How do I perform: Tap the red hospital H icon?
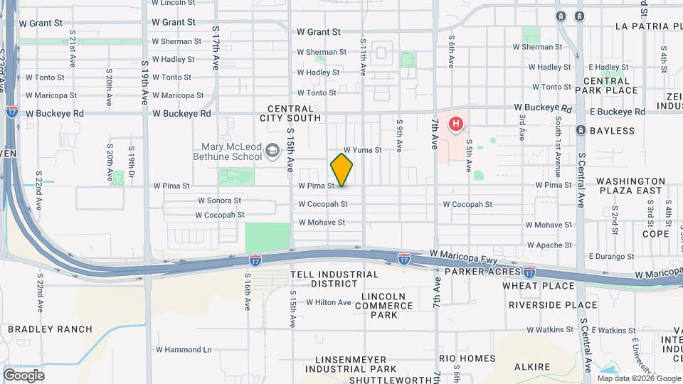455,125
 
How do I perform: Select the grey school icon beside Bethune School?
272,151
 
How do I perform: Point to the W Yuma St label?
363,150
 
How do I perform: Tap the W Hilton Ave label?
329,302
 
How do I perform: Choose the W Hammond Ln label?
183,350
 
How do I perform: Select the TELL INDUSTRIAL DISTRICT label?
324,279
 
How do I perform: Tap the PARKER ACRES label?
480,272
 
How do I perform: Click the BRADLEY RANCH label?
50,329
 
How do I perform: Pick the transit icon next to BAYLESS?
581,131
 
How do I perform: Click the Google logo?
23,375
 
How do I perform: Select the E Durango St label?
611,256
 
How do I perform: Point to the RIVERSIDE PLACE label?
553,305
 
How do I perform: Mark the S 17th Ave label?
216,48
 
